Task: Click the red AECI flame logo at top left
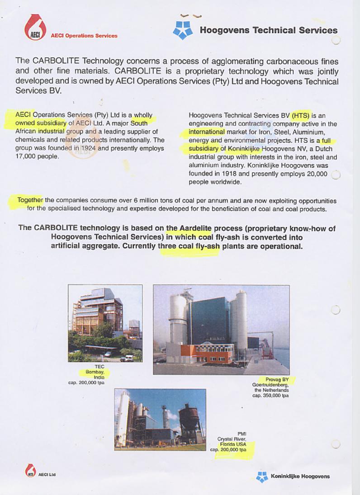pyautogui.click(x=34, y=28)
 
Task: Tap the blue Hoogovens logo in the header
pyautogui.click(x=183, y=29)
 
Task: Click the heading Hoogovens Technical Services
pyautogui.click(x=268, y=30)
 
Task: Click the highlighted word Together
pyautogui.click(x=30, y=200)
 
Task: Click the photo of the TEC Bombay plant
pyautogui.click(x=105, y=323)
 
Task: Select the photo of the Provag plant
pyautogui.click(x=221, y=329)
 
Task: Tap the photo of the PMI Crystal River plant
pyautogui.click(x=160, y=419)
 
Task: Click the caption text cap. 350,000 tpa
pyautogui.click(x=270, y=395)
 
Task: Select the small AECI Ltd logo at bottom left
pyautogui.click(x=30, y=471)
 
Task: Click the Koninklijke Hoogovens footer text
pyautogui.click(x=300, y=476)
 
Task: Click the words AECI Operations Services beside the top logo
pyautogui.click(x=84, y=36)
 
